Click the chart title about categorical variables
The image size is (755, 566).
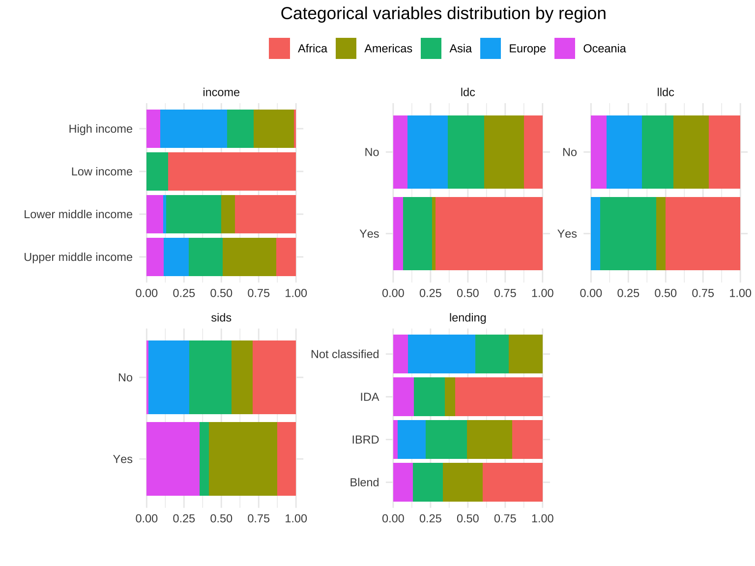click(443, 14)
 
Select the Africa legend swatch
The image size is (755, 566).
click(279, 49)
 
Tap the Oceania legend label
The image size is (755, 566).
click(604, 49)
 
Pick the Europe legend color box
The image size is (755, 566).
click(490, 49)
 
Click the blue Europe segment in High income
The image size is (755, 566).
click(193, 129)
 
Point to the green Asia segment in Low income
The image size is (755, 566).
click(157, 171)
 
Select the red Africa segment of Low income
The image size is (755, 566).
click(232, 171)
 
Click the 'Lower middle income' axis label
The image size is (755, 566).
click(78, 214)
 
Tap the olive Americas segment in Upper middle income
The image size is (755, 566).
click(249, 257)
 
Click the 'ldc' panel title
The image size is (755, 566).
click(467, 92)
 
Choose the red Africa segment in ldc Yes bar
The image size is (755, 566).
click(489, 233)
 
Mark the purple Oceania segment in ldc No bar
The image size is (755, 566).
click(400, 152)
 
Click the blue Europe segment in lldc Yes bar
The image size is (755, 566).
click(595, 233)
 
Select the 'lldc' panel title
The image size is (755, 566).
click(665, 92)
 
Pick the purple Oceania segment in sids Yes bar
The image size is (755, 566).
click(173, 459)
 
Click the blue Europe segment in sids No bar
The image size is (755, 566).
click(169, 377)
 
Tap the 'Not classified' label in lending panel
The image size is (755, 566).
click(345, 354)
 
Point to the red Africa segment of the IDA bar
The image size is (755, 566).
click(498, 397)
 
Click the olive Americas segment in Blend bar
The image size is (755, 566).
click(463, 482)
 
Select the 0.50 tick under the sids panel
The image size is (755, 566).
click(221, 518)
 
